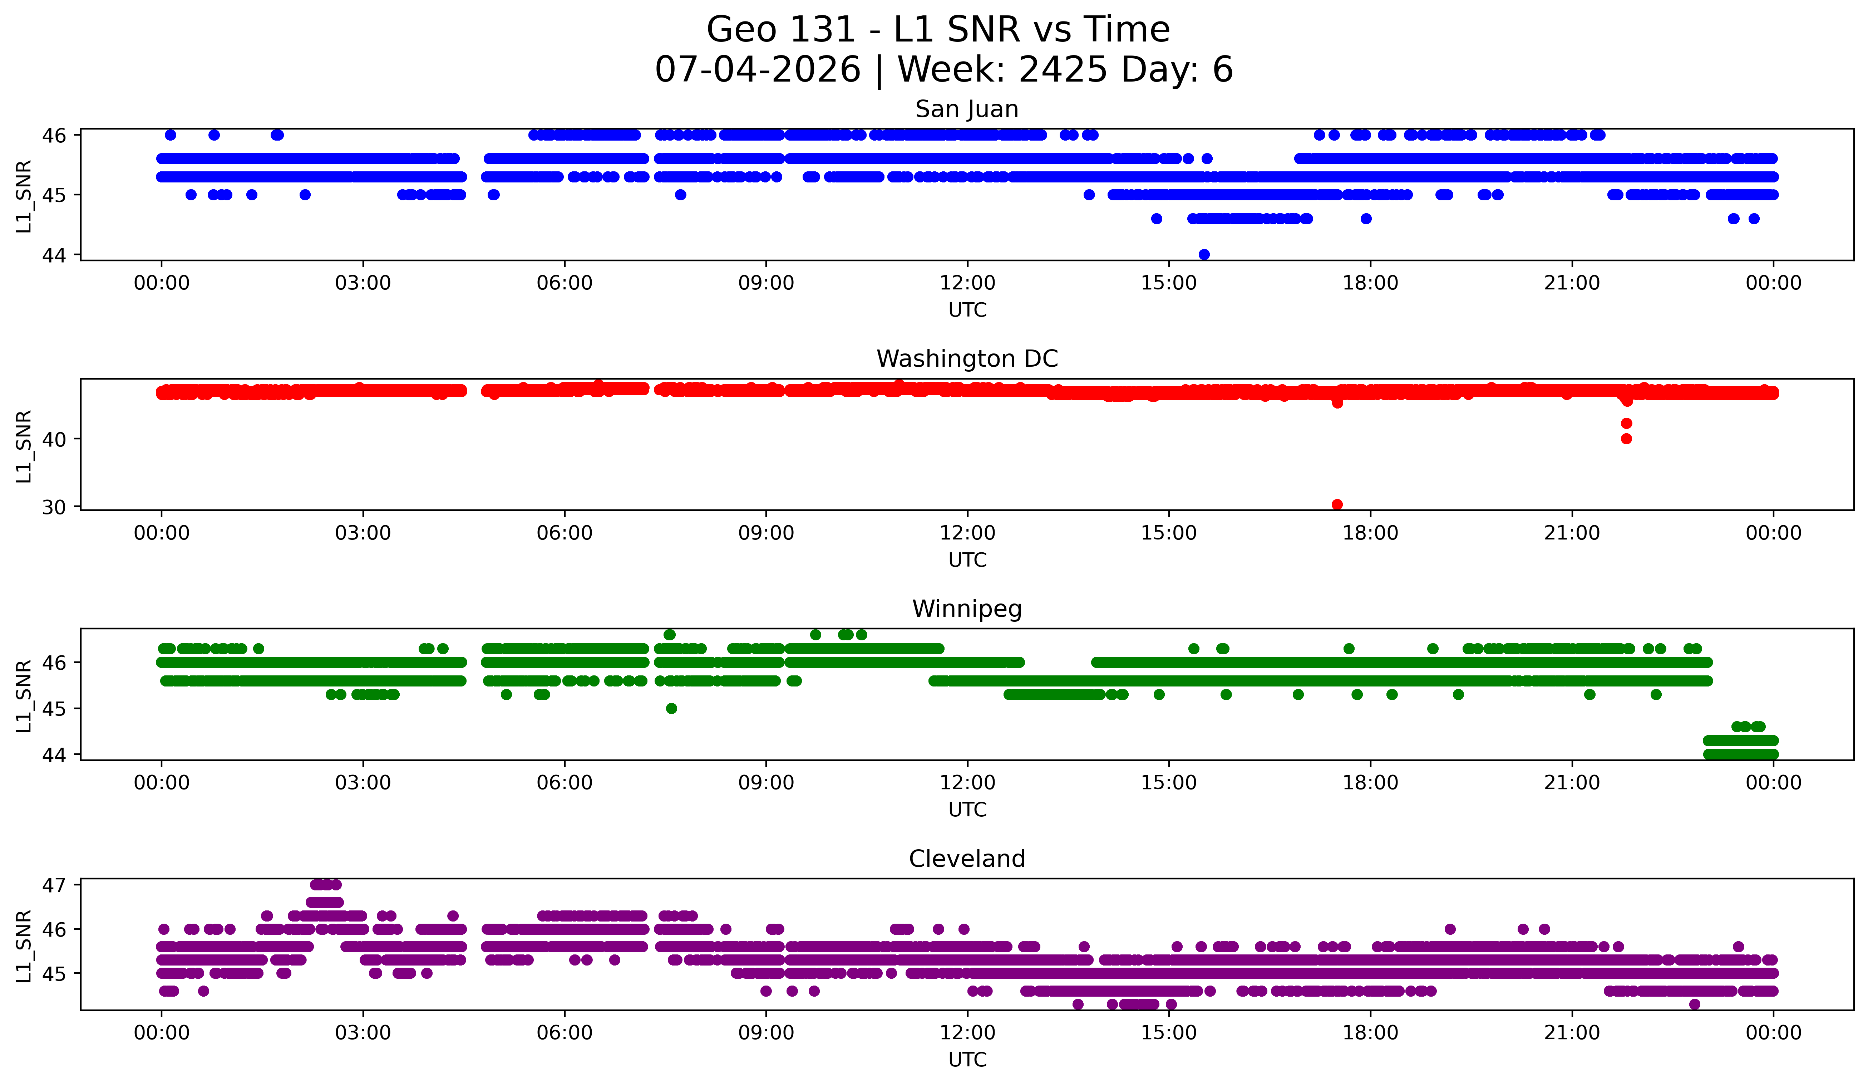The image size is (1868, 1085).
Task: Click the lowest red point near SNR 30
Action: coord(1337,504)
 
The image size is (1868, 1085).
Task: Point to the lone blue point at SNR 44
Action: coord(1204,254)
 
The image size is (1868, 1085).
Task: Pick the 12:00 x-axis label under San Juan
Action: coord(967,283)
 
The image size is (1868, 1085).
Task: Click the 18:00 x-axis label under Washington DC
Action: coord(1370,533)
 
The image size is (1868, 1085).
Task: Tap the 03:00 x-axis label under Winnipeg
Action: coord(363,783)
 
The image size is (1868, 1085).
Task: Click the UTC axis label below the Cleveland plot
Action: coord(967,1060)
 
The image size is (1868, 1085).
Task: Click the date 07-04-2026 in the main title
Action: coord(758,70)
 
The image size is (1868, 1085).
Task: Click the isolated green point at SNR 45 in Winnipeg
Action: coord(672,708)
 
